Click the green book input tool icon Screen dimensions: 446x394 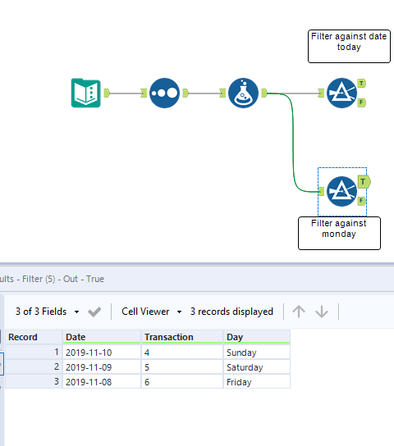coord(85,93)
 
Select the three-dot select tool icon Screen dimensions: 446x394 coord(164,93)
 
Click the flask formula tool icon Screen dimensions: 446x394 coord(243,93)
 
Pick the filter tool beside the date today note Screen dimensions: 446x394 coord(341,93)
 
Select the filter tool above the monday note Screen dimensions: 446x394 coord(341,191)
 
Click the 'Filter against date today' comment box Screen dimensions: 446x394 coord(348,46)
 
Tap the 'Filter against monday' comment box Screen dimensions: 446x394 coord(339,233)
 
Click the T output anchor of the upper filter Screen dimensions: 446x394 coord(362,84)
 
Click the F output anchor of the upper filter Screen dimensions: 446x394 coord(362,102)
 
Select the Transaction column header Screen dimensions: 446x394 coord(181,336)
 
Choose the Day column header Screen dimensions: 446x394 coord(256,336)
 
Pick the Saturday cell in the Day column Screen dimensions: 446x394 coord(256,367)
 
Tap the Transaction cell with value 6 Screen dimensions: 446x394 coord(181,382)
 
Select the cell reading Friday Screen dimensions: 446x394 coord(256,382)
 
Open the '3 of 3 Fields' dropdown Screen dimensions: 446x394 coord(48,312)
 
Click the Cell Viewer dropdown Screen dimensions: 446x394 coord(151,312)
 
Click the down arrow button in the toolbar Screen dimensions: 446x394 coord(322,312)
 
